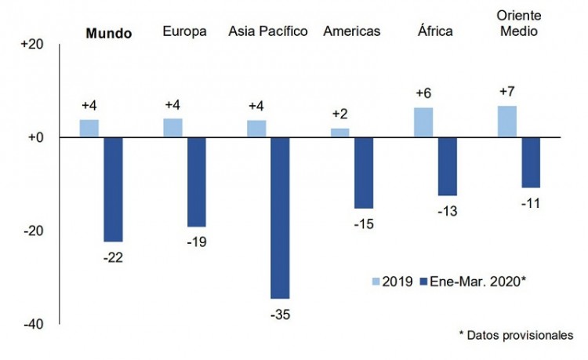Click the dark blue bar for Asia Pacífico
point(280,218)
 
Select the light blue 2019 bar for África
point(423,122)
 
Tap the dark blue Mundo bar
point(113,189)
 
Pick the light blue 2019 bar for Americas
point(340,133)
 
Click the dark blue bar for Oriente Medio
point(531,162)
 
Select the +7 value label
point(507,93)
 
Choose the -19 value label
point(197,241)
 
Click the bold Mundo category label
point(108,33)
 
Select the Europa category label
point(184,32)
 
